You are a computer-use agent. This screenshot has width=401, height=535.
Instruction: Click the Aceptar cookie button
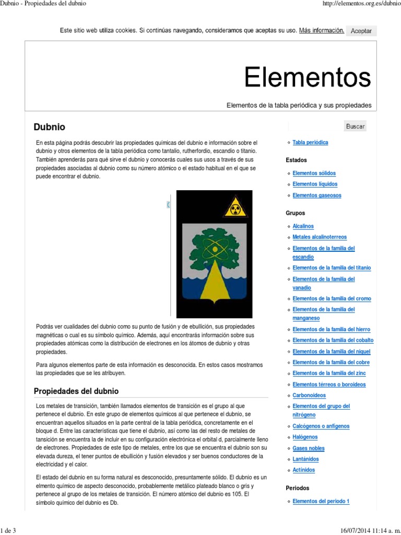(x=361, y=31)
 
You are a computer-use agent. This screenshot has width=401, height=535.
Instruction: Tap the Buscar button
(x=355, y=126)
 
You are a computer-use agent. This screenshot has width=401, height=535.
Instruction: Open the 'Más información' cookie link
(x=322, y=30)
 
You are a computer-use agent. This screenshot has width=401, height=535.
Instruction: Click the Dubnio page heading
(x=50, y=127)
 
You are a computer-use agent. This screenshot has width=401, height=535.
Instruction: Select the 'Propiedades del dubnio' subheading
(x=76, y=391)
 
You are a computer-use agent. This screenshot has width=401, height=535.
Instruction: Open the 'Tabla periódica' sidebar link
(x=310, y=142)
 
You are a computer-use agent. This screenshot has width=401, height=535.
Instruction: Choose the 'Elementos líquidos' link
(x=315, y=184)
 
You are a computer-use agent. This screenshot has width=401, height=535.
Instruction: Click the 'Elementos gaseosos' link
(x=317, y=195)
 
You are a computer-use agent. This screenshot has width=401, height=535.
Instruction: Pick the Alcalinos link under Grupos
(x=303, y=226)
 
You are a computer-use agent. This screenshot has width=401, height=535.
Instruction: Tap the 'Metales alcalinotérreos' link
(x=320, y=237)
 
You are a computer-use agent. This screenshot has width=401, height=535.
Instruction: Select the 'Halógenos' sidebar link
(x=305, y=437)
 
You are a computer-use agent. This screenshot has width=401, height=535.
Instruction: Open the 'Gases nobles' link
(x=309, y=448)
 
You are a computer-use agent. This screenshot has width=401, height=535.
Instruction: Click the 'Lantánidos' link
(x=305, y=459)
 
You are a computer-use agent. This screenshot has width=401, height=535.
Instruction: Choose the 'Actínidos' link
(x=304, y=470)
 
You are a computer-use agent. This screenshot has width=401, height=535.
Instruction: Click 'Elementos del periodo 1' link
(x=321, y=502)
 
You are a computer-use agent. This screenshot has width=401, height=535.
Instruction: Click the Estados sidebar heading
(x=297, y=160)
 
